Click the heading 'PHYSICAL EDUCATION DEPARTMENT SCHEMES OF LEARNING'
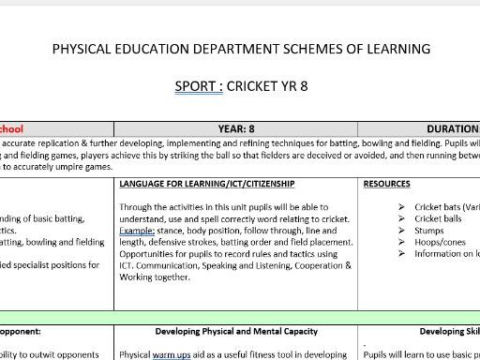click(242, 48)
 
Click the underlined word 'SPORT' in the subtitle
click(198, 87)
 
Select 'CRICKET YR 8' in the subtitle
click(268, 87)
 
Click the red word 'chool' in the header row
click(11, 128)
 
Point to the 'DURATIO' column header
click(453, 128)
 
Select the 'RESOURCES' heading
click(386, 184)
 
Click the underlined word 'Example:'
click(139, 231)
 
